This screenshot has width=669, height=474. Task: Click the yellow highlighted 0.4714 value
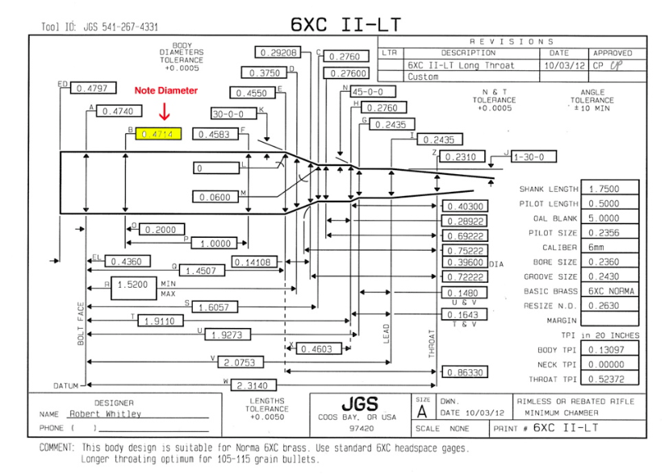[159, 135]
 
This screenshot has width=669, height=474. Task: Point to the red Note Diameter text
[165, 91]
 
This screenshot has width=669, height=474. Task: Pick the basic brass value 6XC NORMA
[612, 290]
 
